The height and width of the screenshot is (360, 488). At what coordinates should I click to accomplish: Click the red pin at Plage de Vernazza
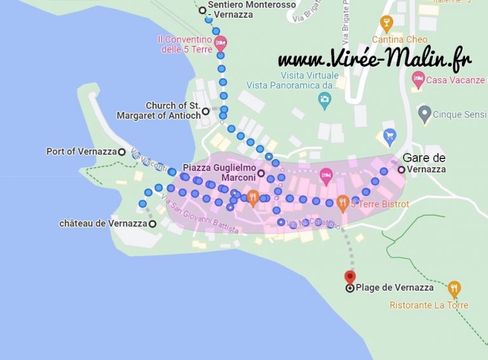point(349,277)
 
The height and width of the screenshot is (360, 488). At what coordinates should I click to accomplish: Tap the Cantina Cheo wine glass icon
point(386,24)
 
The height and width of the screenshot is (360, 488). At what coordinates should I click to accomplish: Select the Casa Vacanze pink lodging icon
point(417,80)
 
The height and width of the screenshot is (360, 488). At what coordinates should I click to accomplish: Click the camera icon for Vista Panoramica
point(325,99)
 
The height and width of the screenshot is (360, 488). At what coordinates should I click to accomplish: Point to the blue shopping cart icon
point(390,135)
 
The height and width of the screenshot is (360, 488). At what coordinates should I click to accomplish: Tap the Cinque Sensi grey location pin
point(424,114)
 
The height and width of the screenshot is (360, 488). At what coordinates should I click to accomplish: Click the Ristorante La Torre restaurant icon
point(454,289)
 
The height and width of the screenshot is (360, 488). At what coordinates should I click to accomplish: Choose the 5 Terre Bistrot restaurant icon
point(342,204)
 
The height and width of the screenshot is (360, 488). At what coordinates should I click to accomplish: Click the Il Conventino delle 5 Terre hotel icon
point(220,44)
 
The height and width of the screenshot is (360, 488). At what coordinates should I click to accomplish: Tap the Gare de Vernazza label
point(424,163)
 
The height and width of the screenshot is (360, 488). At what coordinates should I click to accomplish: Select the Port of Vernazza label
point(81,152)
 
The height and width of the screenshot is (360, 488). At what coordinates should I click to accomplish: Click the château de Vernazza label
point(103,224)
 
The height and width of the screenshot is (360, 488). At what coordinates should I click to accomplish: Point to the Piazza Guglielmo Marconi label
point(219,172)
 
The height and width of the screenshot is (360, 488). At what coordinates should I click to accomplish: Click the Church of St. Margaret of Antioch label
point(159,111)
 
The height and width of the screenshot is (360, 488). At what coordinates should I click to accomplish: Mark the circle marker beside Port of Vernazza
point(121,152)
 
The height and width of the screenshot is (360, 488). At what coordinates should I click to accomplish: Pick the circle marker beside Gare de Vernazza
point(401,169)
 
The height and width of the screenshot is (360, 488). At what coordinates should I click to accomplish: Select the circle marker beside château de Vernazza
point(152,224)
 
